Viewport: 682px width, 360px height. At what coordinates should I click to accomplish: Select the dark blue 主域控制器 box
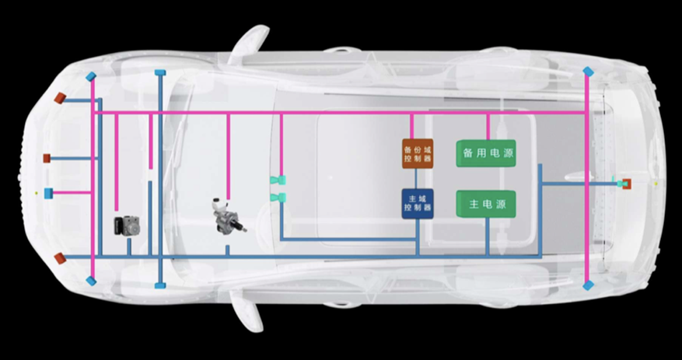[418, 204]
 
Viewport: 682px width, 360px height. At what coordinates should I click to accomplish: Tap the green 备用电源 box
[488, 153]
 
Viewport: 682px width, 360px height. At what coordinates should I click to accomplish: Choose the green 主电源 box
[487, 204]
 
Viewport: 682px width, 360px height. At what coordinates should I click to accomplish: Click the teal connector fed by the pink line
[275, 180]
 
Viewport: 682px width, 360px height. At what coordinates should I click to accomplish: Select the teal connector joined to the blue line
[275, 197]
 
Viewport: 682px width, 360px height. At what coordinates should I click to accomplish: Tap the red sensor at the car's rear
[625, 184]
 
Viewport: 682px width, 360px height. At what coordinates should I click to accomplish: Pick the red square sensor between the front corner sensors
[47, 159]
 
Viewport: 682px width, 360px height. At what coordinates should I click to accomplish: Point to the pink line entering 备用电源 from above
[488, 126]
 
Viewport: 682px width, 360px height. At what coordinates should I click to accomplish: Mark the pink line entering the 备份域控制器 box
[411, 126]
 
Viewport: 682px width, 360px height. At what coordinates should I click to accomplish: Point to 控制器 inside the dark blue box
[418, 210]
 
